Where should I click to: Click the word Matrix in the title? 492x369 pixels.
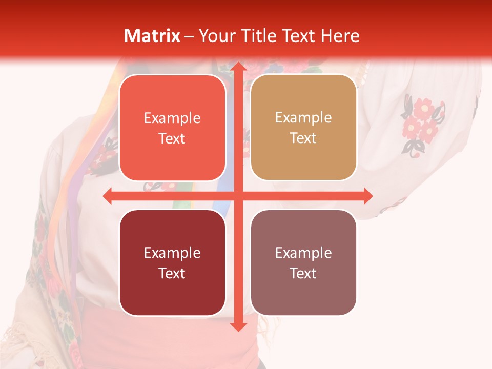[152, 36]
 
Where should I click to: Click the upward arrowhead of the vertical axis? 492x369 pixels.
[238, 67]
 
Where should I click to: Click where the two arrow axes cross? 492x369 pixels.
[238, 196]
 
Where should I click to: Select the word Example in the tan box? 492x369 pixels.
[303, 117]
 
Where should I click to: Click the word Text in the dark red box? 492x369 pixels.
[172, 273]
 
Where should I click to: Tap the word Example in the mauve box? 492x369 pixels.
[303, 253]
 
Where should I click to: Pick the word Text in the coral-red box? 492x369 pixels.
[172, 138]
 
